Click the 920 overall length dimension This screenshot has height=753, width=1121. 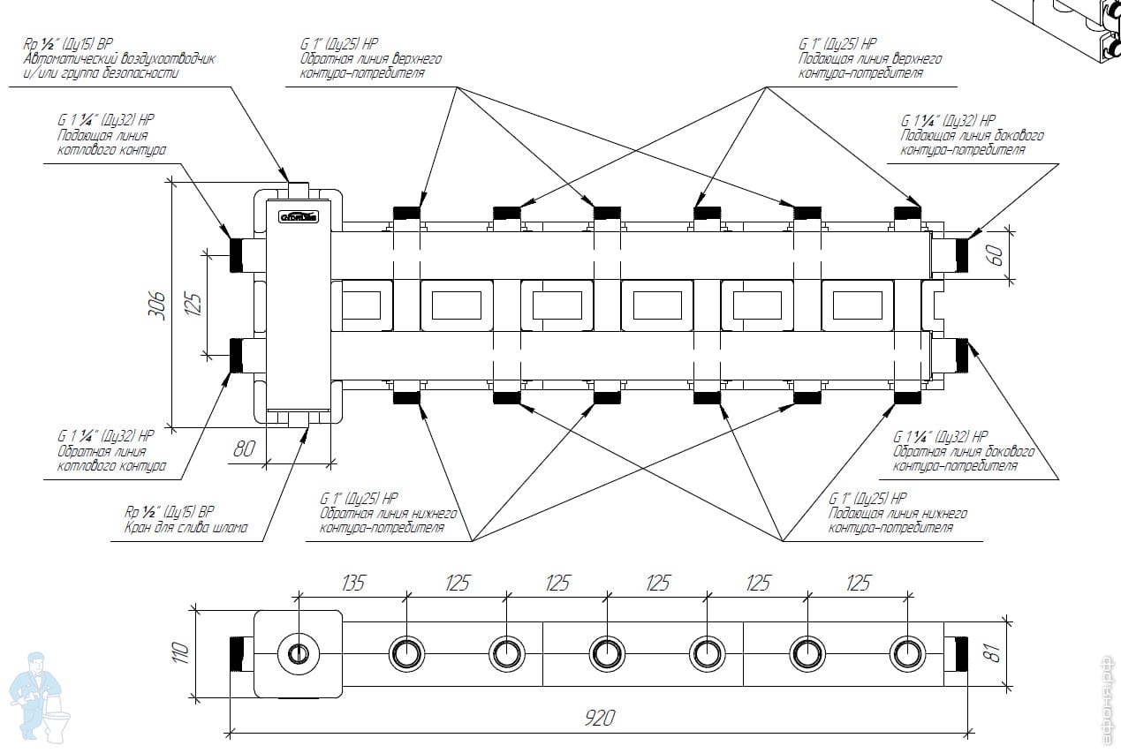(600, 718)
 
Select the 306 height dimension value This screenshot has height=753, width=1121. (157, 305)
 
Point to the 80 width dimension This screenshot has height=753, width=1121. (244, 448)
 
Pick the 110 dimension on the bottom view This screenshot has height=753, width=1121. (180, 652)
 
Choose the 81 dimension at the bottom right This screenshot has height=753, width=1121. (993, 653)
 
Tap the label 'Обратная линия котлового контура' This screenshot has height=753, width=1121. (111, 458)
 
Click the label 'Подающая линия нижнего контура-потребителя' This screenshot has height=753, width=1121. (897, 521)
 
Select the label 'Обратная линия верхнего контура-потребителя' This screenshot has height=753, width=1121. (370, 65)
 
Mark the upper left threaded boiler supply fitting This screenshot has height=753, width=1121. (237, 255)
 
